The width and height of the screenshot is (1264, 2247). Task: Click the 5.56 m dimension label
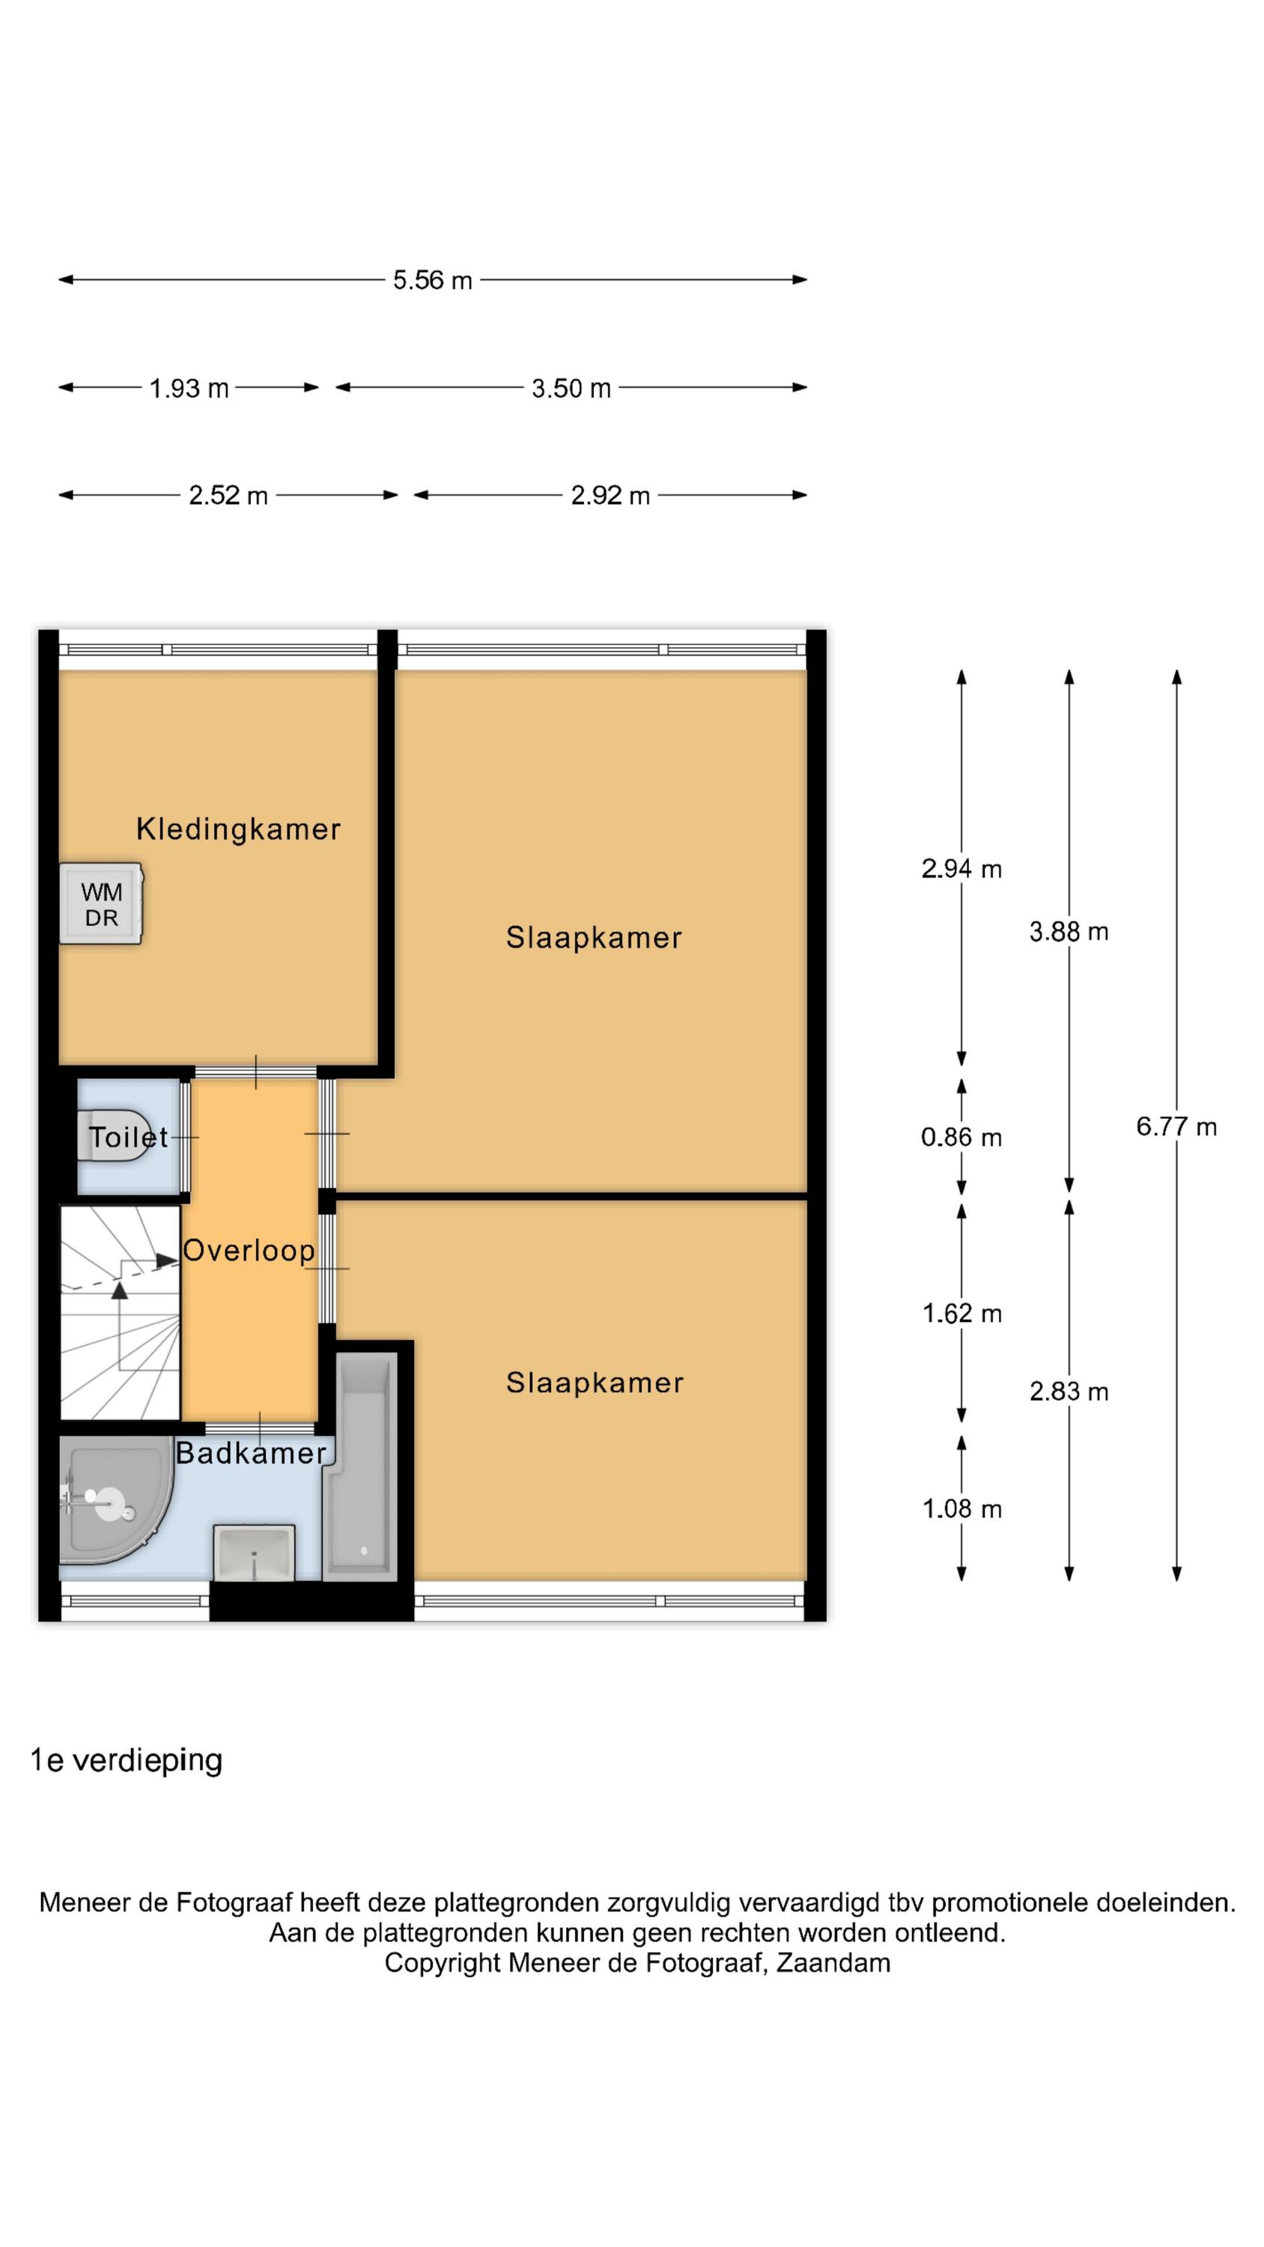432,280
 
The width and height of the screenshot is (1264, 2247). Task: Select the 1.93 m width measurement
189,388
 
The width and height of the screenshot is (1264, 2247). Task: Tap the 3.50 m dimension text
571,388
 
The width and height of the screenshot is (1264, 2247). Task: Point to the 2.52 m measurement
228,495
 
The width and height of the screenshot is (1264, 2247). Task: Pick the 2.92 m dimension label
610,495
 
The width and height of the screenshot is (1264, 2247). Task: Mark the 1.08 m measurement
962,1508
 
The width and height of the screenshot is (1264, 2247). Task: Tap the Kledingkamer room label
238,828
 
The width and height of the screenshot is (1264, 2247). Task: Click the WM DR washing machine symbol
100,904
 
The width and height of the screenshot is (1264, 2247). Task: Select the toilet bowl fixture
113,1135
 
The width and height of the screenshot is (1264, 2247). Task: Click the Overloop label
249,1250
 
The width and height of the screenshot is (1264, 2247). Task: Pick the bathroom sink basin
254,1552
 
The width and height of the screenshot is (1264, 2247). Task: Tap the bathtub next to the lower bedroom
360,1467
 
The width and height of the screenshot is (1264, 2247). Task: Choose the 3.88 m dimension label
1069,932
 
